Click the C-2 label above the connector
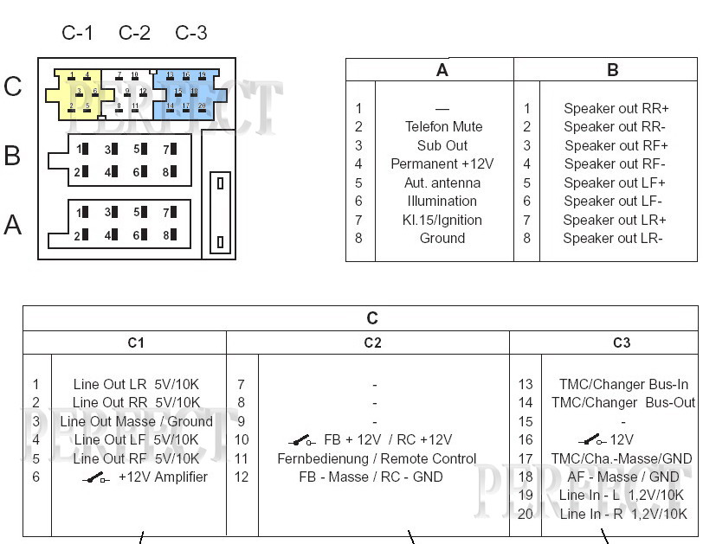134,33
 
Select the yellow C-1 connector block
78,93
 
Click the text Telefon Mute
443,127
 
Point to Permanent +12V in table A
442,164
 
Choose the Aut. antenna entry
442,182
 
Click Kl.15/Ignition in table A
442,220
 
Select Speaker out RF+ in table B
616,145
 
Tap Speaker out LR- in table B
613,239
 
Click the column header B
613,70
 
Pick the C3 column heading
622,343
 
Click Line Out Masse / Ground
137,421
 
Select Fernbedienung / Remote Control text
377,458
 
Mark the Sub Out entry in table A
442,145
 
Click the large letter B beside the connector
12,156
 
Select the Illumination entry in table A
442,202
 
